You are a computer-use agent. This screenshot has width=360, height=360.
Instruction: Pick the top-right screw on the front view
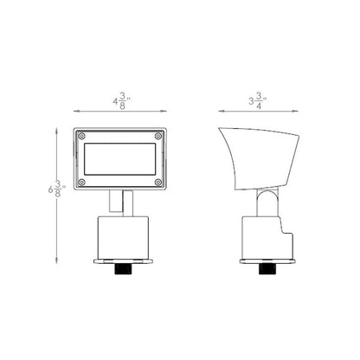click(x=157, y=136)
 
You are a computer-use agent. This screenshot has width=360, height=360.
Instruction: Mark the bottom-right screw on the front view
click(x=157, y=183)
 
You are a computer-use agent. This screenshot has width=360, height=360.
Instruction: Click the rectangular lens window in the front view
click(x=119, y=159)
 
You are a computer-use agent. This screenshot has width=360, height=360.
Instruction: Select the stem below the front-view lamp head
click(x=119, y=202)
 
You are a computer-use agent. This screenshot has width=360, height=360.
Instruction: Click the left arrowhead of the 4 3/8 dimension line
click(x=76, y=111)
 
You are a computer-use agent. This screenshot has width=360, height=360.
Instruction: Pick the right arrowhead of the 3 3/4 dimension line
click(x=300, y=111)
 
